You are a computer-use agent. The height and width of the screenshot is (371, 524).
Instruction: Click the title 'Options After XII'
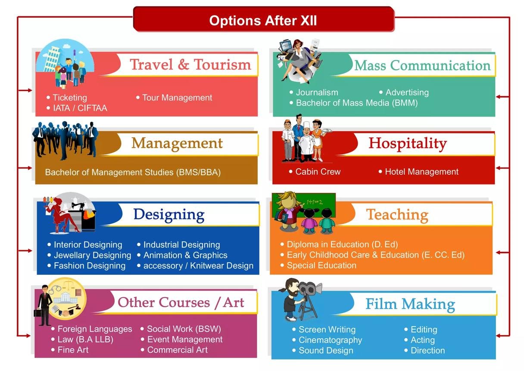(x=263, y=21)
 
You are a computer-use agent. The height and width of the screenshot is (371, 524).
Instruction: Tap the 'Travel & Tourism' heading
(x=190, y=65)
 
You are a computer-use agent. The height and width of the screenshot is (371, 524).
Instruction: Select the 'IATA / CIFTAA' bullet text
(x=80, y=108)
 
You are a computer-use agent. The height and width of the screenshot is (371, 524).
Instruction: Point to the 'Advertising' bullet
(x=407, y=92)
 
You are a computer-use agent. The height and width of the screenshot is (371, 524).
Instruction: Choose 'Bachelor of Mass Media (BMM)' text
(x=356, y=103)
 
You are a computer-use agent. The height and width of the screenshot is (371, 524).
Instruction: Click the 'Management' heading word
(x=177, y=143)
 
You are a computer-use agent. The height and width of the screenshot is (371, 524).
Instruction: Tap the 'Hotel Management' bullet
(x=421, y=172)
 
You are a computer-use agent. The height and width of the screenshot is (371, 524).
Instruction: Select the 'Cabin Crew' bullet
(x=318, y=172)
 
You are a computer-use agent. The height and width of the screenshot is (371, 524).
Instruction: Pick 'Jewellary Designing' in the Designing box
(x=92, y=255)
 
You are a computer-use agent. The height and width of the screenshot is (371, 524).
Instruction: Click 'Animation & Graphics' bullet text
(x=185, y=255)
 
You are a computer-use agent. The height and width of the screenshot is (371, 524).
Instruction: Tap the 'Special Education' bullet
(x=321, y=266)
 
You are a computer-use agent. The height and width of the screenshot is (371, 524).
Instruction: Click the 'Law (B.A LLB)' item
(x=85, y=340)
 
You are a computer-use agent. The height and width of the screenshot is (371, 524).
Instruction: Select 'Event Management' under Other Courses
(x=185, y=340)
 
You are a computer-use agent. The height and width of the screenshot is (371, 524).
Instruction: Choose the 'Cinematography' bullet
(x=330, y=340)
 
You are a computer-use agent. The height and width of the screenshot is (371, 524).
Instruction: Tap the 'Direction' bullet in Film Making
(x=427, y=350)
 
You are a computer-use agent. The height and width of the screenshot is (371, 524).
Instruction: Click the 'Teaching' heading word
(x=397, y=214)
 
